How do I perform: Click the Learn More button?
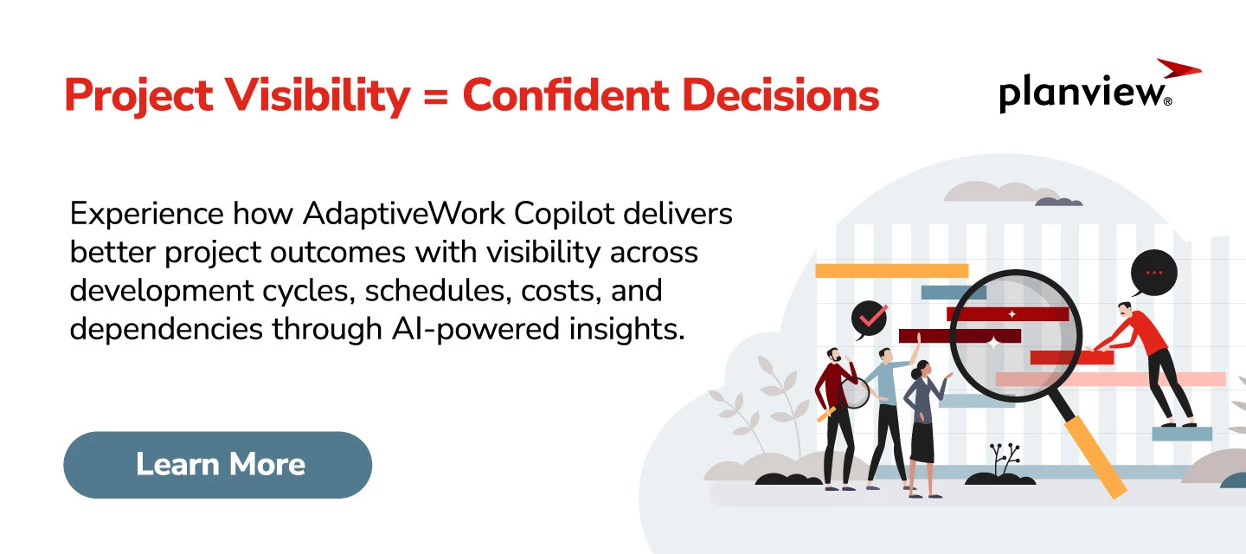click(x=217, y=465)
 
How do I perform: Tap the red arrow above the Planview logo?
click(x=1179, y=68)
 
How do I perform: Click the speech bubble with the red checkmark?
click(x=870, y=319)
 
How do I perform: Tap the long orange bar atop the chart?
click(x=891, y=271)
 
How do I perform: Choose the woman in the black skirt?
click(x=922, y=424)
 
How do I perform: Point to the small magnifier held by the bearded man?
click(x=854, y=394)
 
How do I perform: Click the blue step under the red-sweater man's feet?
click(x=1181, y=434)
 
